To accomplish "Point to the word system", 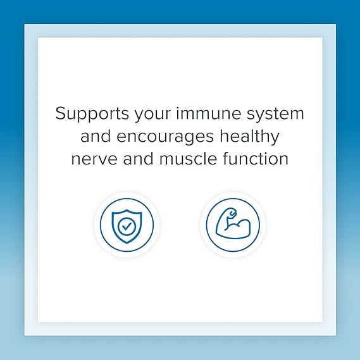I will [x=276, y=116].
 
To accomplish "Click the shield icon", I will [x=127, y=224].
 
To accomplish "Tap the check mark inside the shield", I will [x=127, y=225].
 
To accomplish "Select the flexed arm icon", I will [x=233, y=224].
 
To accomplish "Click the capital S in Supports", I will [x=61, y=115].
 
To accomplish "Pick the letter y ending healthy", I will [x=275, y=139].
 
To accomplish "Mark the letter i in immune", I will [x=178, y=114].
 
